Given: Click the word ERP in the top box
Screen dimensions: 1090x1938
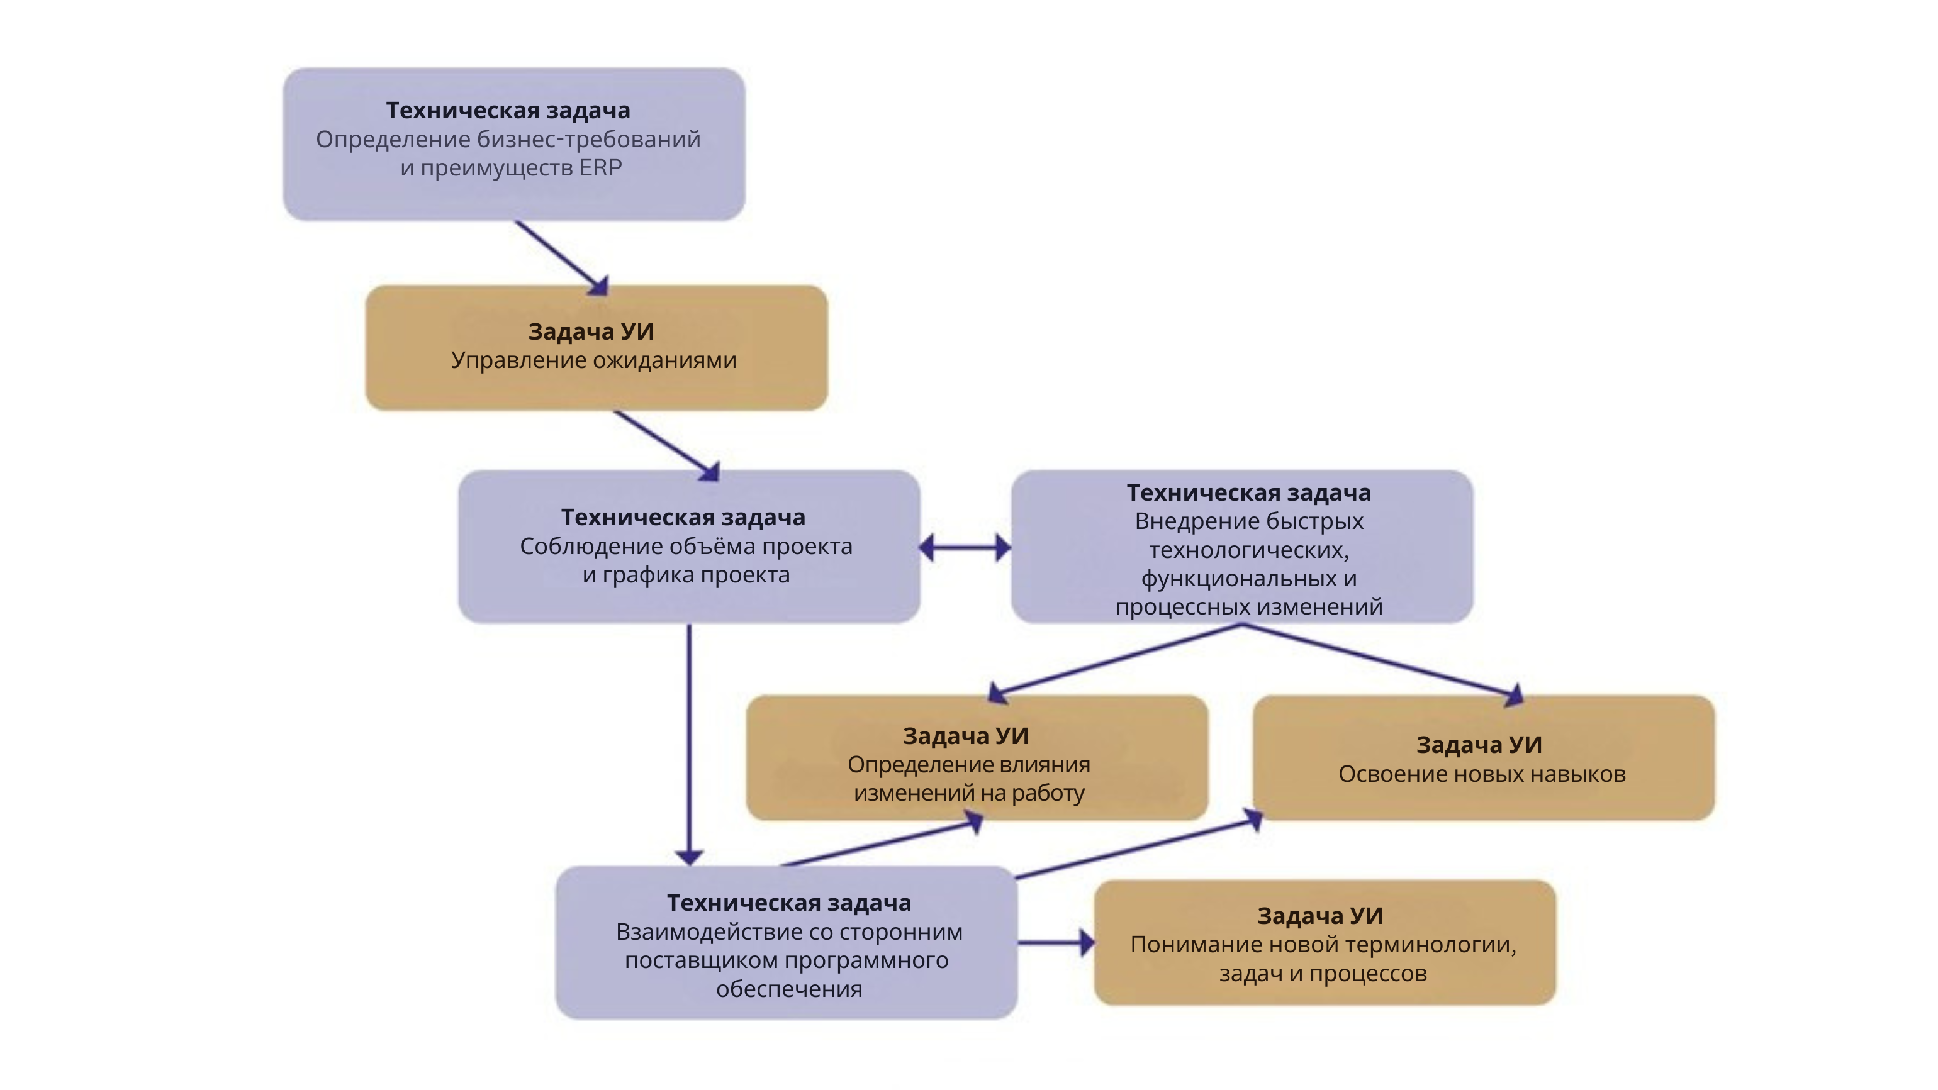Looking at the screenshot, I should tap(600, 168).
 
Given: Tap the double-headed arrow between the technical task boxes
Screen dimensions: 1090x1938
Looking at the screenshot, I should tap(965, 548).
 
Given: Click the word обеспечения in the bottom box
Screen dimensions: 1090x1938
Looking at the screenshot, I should tap(789, 989).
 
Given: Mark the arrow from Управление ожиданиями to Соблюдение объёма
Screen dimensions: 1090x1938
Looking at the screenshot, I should tap(666, 444).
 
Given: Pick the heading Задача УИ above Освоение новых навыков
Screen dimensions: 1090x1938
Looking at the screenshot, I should tap(1479, 745).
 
